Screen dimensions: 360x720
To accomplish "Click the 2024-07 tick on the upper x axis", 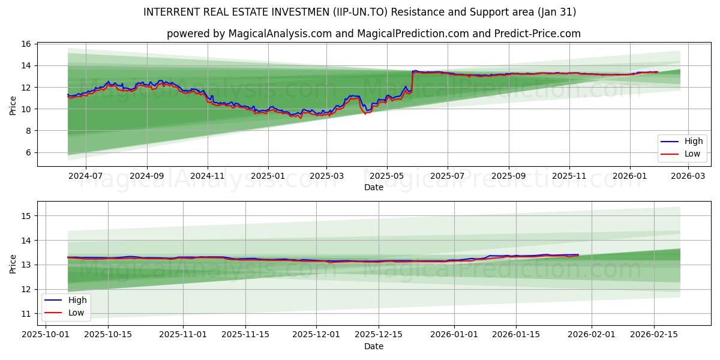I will (x=85, y=176).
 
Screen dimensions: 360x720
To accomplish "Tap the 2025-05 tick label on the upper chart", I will (x=386, y=176).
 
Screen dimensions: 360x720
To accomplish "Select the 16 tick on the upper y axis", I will (x=26, y=44).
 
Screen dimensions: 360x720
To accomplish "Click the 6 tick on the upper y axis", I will (x=28, y=152).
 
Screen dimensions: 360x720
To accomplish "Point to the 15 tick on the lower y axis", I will (x=26, y=216).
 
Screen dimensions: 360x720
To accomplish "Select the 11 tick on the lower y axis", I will (x=26, y=314).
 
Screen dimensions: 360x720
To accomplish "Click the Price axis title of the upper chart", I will (x=13, y=104).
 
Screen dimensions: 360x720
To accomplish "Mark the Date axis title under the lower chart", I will (x=373, y=346).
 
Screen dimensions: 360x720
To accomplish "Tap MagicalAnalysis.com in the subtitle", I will (x=280, y=34).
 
